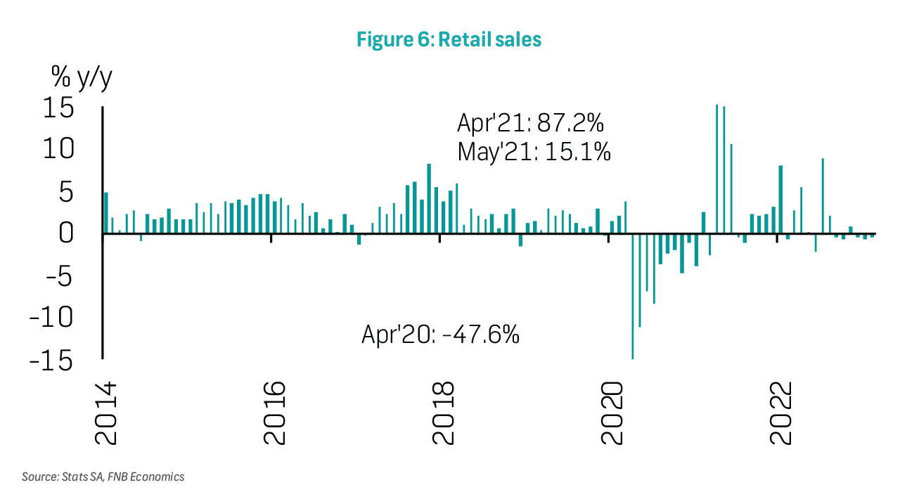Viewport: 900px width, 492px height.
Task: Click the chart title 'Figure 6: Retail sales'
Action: coord(449,39)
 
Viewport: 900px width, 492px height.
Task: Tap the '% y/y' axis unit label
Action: coord(81,77)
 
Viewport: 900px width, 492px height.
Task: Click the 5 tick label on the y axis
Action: coord(66,192)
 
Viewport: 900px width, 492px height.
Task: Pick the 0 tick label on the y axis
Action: coord(66,233)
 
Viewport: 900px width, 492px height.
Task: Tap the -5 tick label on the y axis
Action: coord(59,276)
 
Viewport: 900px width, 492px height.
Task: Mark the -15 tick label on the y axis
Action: coord(51,360)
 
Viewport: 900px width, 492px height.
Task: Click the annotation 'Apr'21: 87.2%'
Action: coord(530,124)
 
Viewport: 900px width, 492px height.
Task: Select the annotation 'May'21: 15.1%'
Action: coord(534,151)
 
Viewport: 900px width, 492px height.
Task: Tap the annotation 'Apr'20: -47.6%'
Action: coord(440,333)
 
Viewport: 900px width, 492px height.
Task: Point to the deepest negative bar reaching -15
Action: coord(633,295)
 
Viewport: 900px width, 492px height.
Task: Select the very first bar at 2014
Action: coord(106,212)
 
